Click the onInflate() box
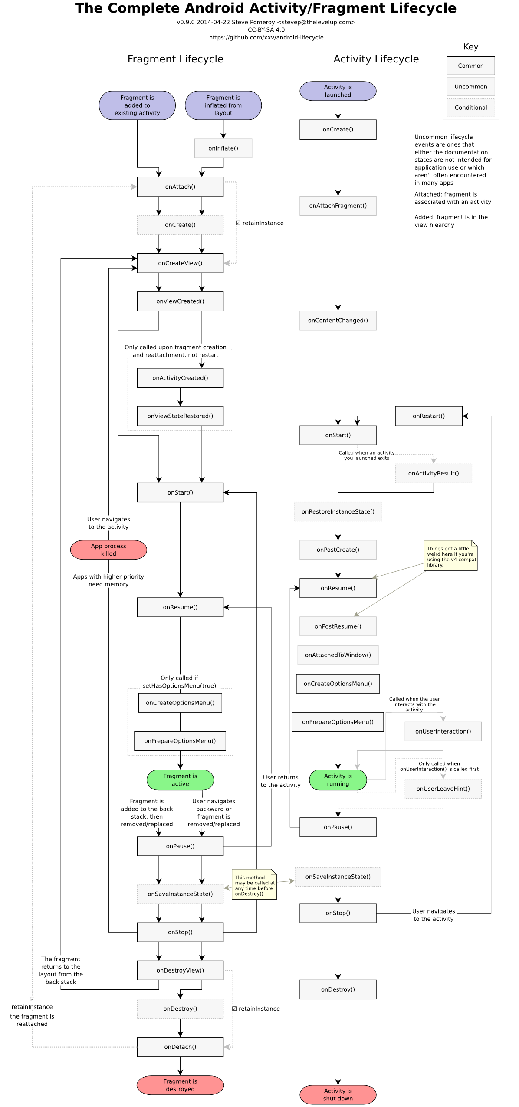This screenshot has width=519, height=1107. click(223, 148)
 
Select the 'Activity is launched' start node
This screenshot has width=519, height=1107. click(338, 91)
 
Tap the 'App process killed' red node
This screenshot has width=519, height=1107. click(108, 550)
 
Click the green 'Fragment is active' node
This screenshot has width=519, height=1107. click(180, 780)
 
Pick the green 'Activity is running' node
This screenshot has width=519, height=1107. click(338, 780)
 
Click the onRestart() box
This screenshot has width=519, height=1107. click(428, 416)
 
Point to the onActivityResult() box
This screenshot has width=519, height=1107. click(433, 473)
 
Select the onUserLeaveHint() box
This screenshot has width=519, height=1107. click(443, 789)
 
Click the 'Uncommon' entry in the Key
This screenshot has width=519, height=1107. click(470, 87)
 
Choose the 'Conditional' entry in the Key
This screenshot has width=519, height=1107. click(470, 108)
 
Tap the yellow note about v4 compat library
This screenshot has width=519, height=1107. click(450, 556)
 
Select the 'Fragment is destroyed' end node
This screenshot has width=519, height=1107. click(180, 1085)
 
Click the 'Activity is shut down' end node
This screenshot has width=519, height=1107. click(338, 1094)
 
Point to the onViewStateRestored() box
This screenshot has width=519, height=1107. click(180, 416)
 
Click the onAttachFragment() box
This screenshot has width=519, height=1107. click(338, 206)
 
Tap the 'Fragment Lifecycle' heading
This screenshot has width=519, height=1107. click(175, 59)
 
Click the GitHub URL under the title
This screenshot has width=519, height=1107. click(266, 38)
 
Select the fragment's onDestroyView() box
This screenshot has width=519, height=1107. click(180, 970)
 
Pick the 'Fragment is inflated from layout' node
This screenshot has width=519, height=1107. click(223, 105)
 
